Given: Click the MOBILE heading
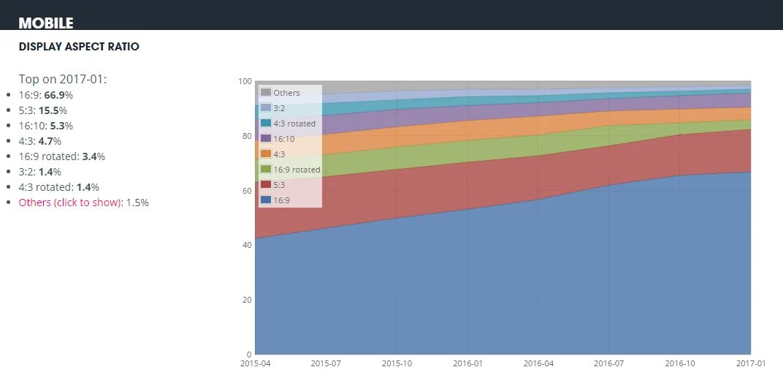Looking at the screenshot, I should pos(46,23).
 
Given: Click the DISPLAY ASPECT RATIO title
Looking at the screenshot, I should pos(79,47).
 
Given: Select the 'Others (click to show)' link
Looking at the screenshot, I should pos(69,203).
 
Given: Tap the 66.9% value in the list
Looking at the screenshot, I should pos(58,95).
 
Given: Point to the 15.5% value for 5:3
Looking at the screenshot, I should pos(53,110).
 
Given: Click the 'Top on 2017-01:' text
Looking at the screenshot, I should pos(63,79).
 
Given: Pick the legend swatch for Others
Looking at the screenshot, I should pos(266,93).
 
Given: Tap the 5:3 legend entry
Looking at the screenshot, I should pos(280,185).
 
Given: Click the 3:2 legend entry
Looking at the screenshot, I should pos(280,108).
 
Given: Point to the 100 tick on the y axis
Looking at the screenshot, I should pos(245,81).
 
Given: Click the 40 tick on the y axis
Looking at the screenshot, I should pos(247,245).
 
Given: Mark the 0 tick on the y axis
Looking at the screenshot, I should pos(249,355).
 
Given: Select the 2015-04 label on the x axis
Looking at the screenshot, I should pos(254,363).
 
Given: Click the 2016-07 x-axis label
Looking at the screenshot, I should pos(608,363).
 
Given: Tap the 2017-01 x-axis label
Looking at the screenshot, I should pos(749,363).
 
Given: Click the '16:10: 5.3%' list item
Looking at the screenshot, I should pos(46,126).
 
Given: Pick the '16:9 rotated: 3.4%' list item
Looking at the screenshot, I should pos(62,156).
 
